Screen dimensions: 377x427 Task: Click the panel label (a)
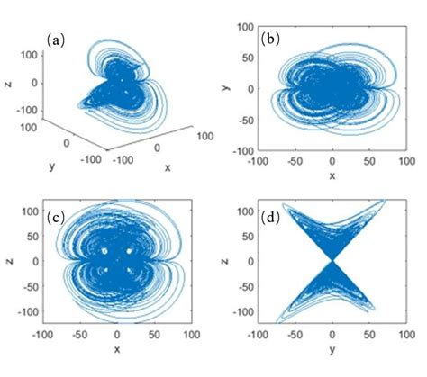coord(54,40)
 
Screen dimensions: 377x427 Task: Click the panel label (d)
coord(268,216)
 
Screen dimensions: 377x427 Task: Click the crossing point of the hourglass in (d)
coord(332,261)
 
